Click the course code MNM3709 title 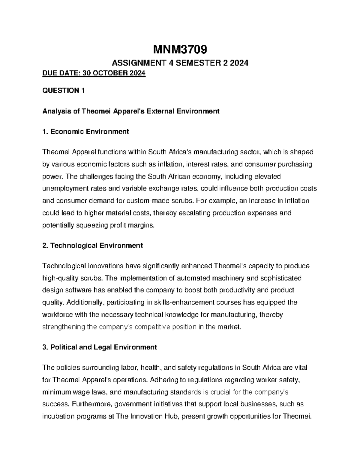tap(180, 50)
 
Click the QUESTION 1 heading tap(63, 91)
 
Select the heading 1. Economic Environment tap(86, 131)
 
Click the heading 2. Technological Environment tap(93, 245)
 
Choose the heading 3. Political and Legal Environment tap(100, 347)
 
